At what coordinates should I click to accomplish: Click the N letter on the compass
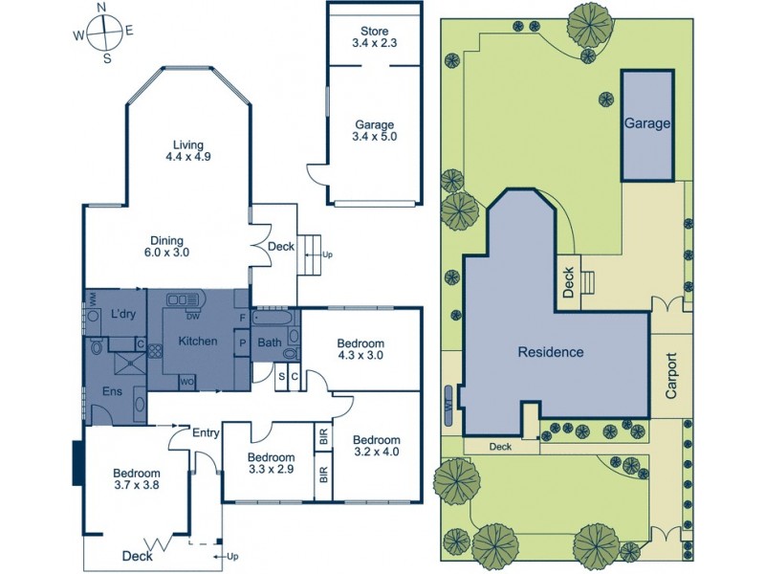point(102,9)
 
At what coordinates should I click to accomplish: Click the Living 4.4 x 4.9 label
point(186,150)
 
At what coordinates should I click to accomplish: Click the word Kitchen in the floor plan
point(198,342)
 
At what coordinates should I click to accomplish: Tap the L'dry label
point(121,315)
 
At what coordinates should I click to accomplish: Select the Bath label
point(269,342)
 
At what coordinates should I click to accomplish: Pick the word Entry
point(206,433)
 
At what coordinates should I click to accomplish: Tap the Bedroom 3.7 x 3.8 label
point(137,479)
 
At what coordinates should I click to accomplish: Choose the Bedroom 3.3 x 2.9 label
point(269,463)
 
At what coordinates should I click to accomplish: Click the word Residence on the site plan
point(550,352)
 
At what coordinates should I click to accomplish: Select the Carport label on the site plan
point(671,376)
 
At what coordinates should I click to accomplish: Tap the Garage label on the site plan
point(647,124)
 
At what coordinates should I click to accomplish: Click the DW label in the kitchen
point(192,318)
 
